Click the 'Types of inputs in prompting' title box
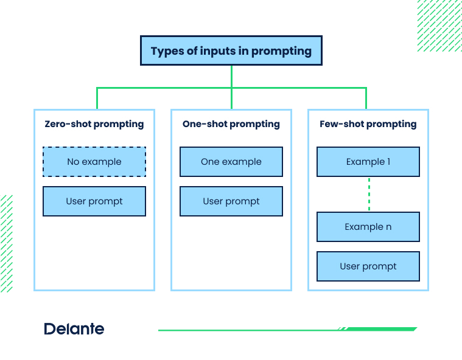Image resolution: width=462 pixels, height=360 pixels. click(x=231, y=50)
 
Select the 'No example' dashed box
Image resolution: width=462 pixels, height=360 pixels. click(x=94, y=162)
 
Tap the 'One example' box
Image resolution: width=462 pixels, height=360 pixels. click(x=231, y=162)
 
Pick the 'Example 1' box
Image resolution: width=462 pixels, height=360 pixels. click(x=368, y=162)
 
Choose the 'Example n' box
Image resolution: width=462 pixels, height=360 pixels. click(x=368, y=227)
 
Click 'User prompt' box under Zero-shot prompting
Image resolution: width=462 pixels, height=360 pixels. click(x=94, y=201)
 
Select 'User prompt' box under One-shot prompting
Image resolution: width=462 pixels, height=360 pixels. click(x=231, y=201)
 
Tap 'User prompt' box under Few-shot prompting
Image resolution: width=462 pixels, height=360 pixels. click(x=368, y=266)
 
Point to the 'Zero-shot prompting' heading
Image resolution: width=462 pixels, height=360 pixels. click(x=94, y=124)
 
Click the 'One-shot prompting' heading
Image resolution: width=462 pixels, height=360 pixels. click(x=231, y=124)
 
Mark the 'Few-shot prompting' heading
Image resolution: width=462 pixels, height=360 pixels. click(x=368, y=124)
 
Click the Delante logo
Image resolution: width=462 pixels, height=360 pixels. click(x=74, y=329)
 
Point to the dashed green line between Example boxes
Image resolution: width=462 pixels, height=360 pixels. click(x=369, y=194)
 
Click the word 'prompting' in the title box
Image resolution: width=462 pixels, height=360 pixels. click(x=282, y=51)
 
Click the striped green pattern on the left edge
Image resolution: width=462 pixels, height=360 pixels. click(x=6, y=243)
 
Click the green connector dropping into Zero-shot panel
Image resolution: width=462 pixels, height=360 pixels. click(x=97, y=99)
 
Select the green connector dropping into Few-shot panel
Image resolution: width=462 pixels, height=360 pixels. click(x=366, y=99)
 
